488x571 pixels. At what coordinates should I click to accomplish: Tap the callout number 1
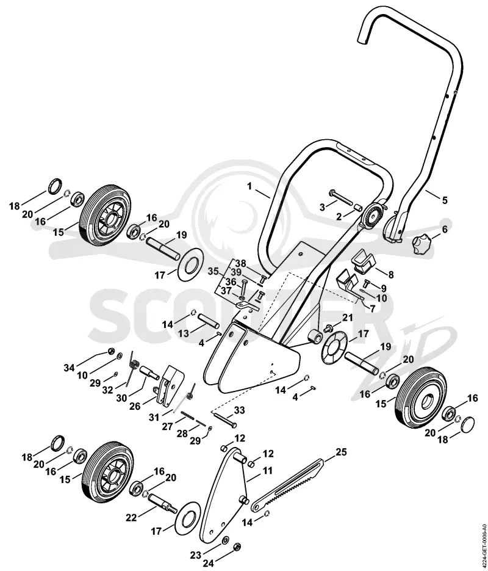[249, 186]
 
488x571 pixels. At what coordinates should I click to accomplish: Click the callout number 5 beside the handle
[444, 200]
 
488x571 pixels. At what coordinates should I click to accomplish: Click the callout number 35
[213, 271]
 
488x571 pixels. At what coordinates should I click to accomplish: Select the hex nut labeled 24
[237, 547]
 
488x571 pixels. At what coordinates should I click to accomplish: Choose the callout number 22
[131, 517]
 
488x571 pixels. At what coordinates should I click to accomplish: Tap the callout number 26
[135, 406]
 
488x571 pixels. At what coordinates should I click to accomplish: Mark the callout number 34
[69, 368]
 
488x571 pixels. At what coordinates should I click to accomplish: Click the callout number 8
[390, 275]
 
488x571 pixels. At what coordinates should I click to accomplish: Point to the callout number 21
[348, 318]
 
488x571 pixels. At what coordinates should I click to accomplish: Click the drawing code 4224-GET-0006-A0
[483, 540]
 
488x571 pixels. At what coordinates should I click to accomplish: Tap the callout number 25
[341, 452]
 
